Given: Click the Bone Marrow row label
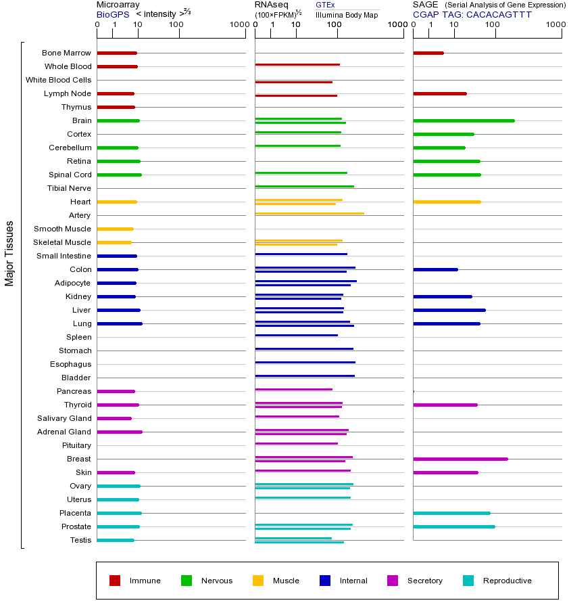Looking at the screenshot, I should tap(66, 53).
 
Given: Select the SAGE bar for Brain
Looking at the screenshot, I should tap(464, 120).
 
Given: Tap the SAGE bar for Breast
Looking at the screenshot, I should tap(460, 459).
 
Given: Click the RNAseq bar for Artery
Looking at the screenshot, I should tap(310, 214).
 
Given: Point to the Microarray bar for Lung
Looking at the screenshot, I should tap(120, 323).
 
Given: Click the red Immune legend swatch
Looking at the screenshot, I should tap(115, 581).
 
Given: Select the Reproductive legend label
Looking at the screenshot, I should tap(507, 581).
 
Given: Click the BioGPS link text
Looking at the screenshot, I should tap(113, 14).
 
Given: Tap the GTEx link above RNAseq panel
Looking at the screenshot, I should tap(325, 5).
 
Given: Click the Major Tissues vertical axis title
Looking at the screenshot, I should tap(9, 253).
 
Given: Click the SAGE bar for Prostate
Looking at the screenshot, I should tap(454, 526).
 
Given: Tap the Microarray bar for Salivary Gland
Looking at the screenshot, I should tap(114, 418).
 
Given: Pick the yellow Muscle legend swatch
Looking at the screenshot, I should tap(258, 581).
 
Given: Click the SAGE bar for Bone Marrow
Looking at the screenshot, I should tap(428, 53).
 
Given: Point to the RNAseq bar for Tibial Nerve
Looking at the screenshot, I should tap(304, 186).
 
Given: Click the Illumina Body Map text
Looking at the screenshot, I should tap(347, 15).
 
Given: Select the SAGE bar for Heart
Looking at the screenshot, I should tap(447, 202).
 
